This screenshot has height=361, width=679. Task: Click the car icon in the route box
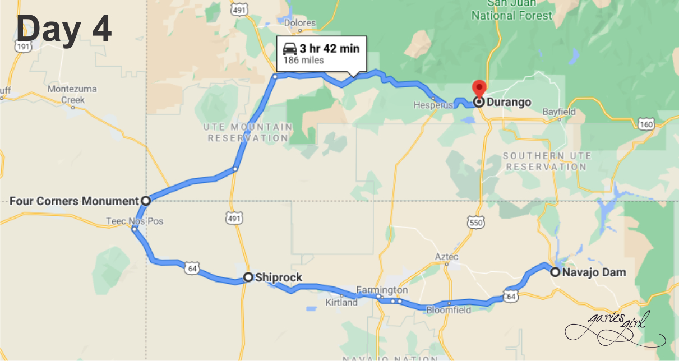click(290, 48)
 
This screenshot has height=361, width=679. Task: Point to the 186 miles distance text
click(303, 61)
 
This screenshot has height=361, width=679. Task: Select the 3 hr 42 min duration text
click(329, 48)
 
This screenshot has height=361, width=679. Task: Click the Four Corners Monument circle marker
click(145, 200)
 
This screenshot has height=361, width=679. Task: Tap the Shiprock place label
click(279, 277)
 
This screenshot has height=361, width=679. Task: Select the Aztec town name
click(447, 257)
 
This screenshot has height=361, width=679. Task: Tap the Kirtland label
click(341, 303)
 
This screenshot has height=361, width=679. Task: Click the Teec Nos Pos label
click(135, 221)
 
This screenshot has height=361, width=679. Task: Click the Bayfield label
click(559, 112)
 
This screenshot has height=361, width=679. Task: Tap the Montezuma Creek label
click(72, 94)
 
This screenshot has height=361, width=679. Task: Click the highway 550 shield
click(475, 223)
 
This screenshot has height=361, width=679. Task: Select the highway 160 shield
click(646, 124)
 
